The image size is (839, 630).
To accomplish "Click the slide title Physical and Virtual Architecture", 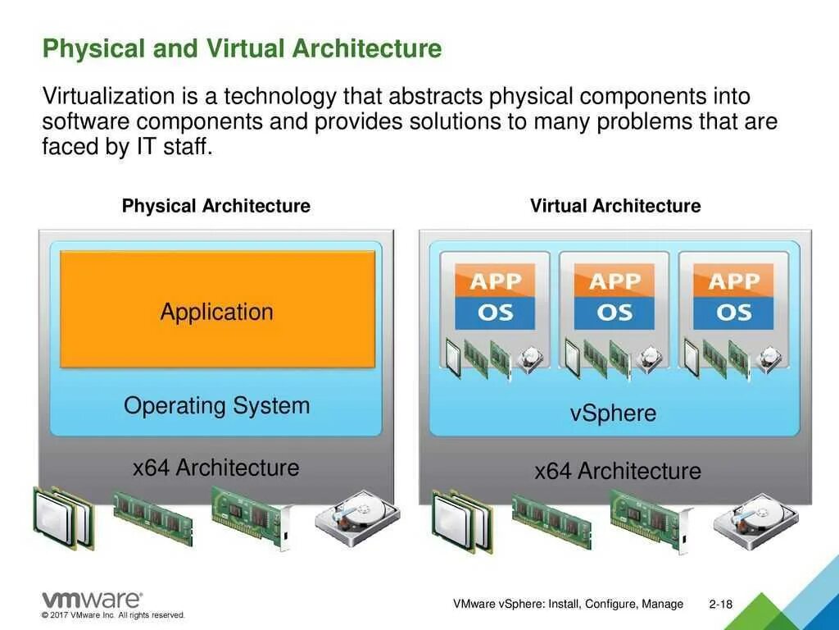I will (242, 48).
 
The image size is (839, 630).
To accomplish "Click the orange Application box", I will (217, 309).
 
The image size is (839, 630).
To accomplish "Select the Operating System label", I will (217, 405).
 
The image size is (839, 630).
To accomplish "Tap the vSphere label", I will (613, 413).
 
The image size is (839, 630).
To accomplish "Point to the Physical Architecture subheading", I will (215, 206).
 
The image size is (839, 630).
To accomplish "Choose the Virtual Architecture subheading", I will (615, 206).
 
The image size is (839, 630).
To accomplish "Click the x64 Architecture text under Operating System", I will (215, 468).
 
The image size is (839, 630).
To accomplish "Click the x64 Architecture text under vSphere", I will (618, 471).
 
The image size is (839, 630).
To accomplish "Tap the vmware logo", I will (91, 600).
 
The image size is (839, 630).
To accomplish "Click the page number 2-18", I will (721, 605).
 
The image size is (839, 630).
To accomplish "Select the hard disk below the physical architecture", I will (357, 518).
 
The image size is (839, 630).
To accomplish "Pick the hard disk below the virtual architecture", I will (755, 520).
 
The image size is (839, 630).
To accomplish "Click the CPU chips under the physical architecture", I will (63, 517).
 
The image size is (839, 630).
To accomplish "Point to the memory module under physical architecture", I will (152, 517).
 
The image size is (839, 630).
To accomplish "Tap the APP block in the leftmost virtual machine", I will (495, 281).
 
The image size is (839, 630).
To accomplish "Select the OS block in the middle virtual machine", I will (615, 313).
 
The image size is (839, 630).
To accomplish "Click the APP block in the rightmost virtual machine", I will (733, 281).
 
